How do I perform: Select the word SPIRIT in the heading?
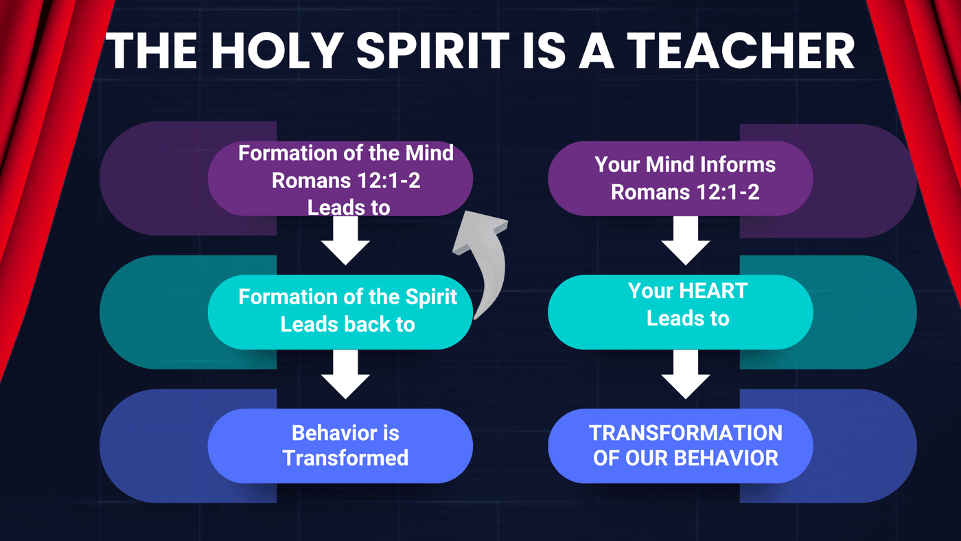(x=433, y=51)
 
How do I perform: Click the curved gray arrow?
(x=482, y=262)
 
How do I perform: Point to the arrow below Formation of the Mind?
(x=345, y=240)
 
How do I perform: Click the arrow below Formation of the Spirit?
(x=345, y=374)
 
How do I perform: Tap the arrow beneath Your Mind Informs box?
(x=685, y=240)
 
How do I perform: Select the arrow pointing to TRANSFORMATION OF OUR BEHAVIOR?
(x=685, y=374)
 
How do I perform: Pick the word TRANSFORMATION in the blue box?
(x=686, y=433)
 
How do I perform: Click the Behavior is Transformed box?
(x=340, y=446)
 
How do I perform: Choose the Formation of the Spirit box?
(x=340, y=312)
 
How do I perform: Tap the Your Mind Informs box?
(x=680, y=179)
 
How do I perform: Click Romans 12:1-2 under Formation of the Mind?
(x=346, y=181)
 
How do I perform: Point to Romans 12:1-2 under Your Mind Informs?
(x=685, y=192)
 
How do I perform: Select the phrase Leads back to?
(x=347, y=324)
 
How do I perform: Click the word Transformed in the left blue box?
(x=345, y=458)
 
